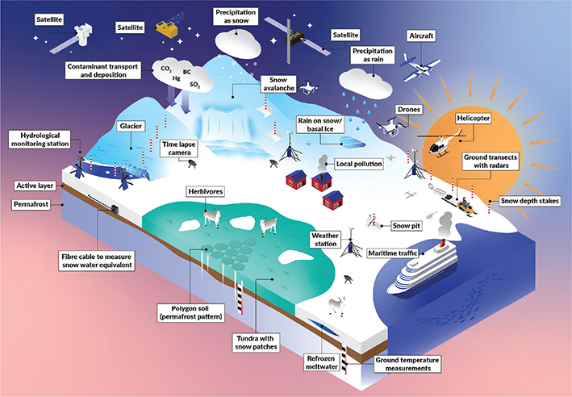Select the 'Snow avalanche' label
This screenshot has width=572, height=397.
[278, 85]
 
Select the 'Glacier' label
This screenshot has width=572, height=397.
[131, 127]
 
